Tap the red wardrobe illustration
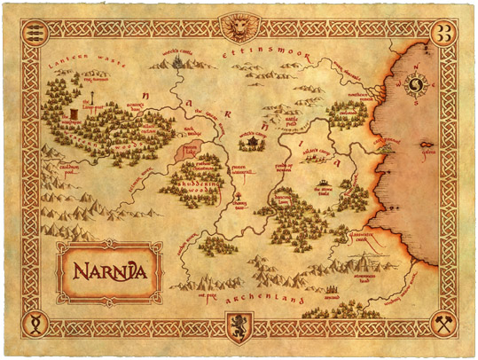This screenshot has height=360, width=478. [72, 116]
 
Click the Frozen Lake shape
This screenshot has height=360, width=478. [191, 149]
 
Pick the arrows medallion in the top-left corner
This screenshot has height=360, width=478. [35, 35]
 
